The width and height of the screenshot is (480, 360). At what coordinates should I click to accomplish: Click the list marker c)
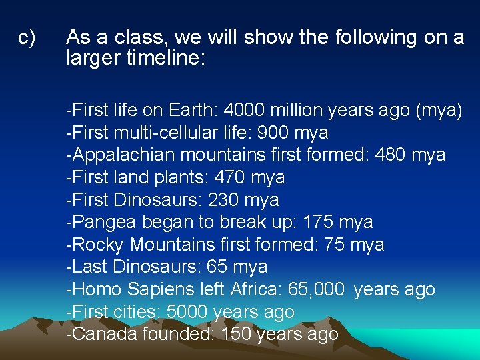tap(27, 37)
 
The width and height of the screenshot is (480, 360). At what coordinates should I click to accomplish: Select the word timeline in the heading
tap(170, 59)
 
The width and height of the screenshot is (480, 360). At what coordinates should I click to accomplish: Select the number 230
tap(224, 199)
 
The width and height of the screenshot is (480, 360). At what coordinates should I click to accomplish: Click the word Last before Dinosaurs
tap(89, 267)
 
